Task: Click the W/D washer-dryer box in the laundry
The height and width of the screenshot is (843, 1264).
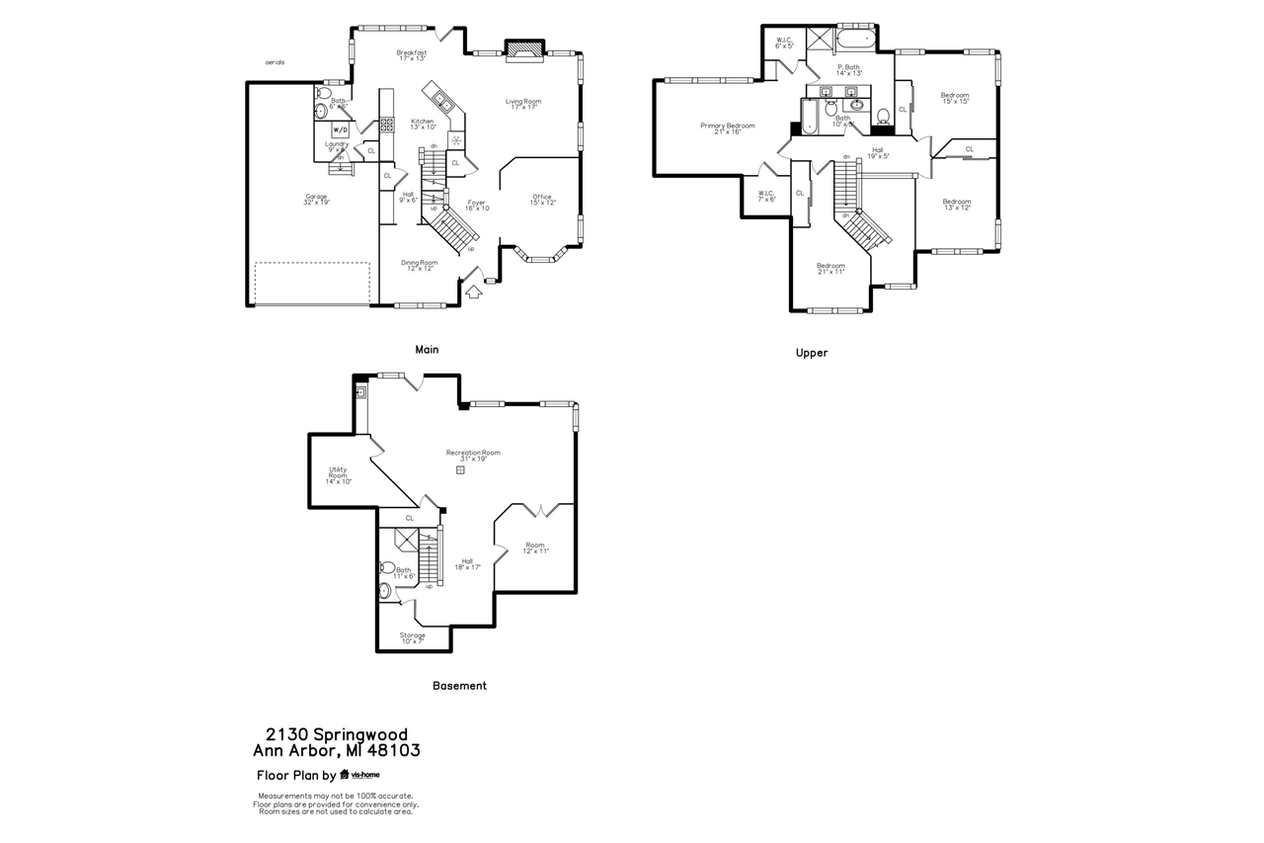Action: point(340,129)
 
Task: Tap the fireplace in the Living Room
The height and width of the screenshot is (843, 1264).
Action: point(524,51)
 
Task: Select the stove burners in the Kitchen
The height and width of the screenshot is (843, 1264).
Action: point(456,140)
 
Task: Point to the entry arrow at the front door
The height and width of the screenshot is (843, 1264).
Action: point(474,291)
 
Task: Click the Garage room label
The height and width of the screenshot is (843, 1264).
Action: point(316,199)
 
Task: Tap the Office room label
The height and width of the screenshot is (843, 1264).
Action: point(542,199)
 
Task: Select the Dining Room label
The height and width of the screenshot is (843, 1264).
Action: point(419,265)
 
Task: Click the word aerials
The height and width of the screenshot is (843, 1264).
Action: point(275,62)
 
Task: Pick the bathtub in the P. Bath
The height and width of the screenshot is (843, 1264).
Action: point(855,41)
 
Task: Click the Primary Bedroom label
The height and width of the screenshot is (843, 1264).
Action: point(728,128)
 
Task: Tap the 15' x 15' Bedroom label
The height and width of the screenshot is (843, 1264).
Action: point(955,98)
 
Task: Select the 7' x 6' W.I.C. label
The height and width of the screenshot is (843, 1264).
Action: point(766,196)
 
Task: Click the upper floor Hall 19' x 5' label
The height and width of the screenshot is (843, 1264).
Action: point(878,153)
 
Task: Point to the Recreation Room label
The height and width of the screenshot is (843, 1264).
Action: point(473,456)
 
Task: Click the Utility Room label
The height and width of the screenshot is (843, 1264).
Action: point(339,475)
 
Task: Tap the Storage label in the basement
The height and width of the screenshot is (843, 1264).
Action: point(412,637)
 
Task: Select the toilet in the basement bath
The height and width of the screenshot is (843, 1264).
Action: point(385,568)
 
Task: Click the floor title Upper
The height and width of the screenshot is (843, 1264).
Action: point(812,353)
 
